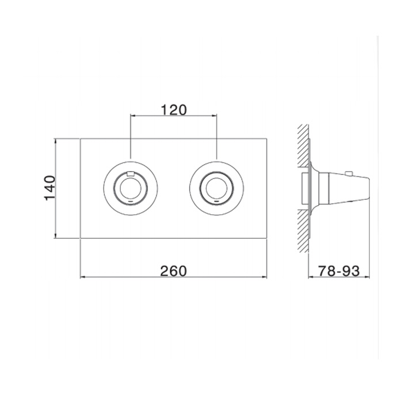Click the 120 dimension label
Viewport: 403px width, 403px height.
coord(174,110)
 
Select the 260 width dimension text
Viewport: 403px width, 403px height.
coord(173,271)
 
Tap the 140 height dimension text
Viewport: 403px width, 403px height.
coord(50,188)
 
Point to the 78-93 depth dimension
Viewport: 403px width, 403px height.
coord(339,271)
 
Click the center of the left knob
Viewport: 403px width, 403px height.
coord(131,188)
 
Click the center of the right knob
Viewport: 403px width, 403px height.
coord(216,188)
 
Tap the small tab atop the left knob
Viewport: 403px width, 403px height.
coord(131,173)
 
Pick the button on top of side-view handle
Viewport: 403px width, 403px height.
coord(349,173)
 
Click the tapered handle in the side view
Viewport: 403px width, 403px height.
coord(349,188)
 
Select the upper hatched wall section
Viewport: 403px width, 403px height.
coord(303,146)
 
